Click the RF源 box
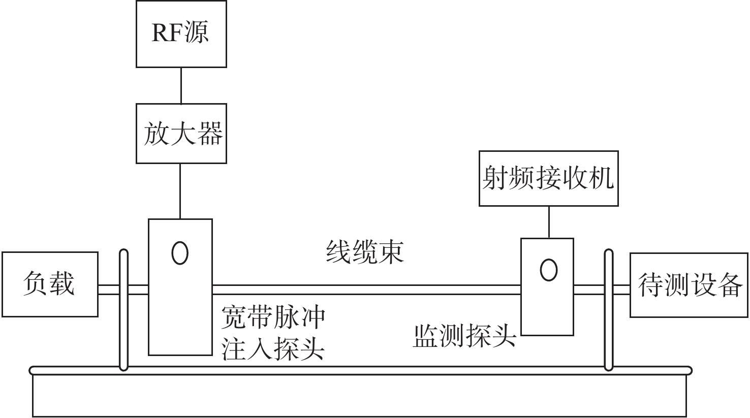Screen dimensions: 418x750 pos(181,34)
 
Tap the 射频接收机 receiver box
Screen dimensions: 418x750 pos(548,178)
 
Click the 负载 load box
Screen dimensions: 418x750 pos(49,284)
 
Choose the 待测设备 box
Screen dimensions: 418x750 pos(689,285)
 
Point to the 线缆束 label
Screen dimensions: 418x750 pos(364,251)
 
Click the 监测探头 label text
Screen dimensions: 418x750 pos(464,336)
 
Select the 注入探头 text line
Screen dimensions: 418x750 pos(273,349)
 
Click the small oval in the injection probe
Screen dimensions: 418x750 pos(180,252)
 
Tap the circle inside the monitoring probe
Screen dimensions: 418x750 pos(548,269)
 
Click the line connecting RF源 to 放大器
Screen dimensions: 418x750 pos(181,86)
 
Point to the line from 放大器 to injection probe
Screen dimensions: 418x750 pos(181,191)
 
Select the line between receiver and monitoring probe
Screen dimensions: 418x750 pos(548,222)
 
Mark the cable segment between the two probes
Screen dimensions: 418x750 pos(366,290)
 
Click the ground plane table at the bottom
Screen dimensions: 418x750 pos(361,394)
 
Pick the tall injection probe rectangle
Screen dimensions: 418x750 pos(180,315)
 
